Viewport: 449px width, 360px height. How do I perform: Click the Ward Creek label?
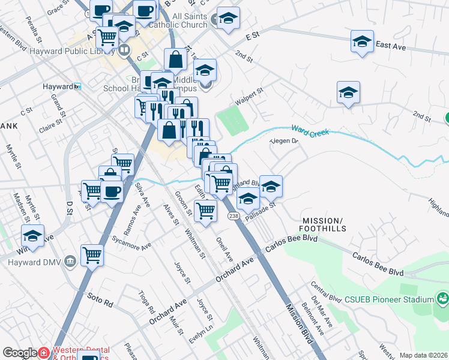tap(310, 130)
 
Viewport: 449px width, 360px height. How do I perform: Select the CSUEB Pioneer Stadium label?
tap(389, 299)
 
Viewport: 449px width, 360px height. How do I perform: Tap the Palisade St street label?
tap(261, 209)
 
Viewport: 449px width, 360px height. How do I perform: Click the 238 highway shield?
tap(233, 215)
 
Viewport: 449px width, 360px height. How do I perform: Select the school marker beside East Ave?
tap(362, 41)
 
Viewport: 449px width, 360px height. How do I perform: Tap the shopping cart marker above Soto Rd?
tap(92, 255)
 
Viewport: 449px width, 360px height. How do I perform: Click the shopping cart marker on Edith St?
tap(205, 211)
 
